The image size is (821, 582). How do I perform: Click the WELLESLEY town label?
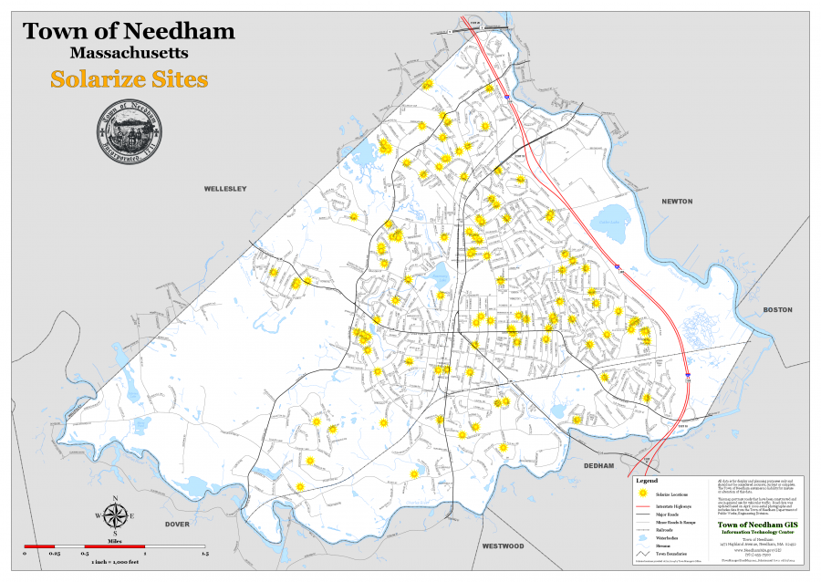click(x=224, y=189)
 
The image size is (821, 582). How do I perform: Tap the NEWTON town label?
click(x=677, y=201)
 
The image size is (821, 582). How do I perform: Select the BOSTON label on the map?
click(x=777, y=310)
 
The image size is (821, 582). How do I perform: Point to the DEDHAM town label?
click(x=601, y=465)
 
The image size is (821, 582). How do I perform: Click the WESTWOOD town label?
click(x=503, y=546)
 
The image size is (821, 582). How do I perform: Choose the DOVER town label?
click(x=177, y=524)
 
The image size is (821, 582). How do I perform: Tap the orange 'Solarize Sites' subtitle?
click(x=129, y=79)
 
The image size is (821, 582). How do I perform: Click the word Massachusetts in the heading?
click(x=129, y=54)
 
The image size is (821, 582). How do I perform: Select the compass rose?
click(x=115, y=515)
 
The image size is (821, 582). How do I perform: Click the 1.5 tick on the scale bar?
click(x=205, y=554)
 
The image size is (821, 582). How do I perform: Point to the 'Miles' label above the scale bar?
click(x=115, y=539)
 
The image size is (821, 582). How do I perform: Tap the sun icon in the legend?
click(x=642, y=494)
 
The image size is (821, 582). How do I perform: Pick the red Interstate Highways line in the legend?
click(x=642, y=505)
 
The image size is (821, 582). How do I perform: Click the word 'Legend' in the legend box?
click(x=646, y=481)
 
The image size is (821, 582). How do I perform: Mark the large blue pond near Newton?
click(x=608, y=220)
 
